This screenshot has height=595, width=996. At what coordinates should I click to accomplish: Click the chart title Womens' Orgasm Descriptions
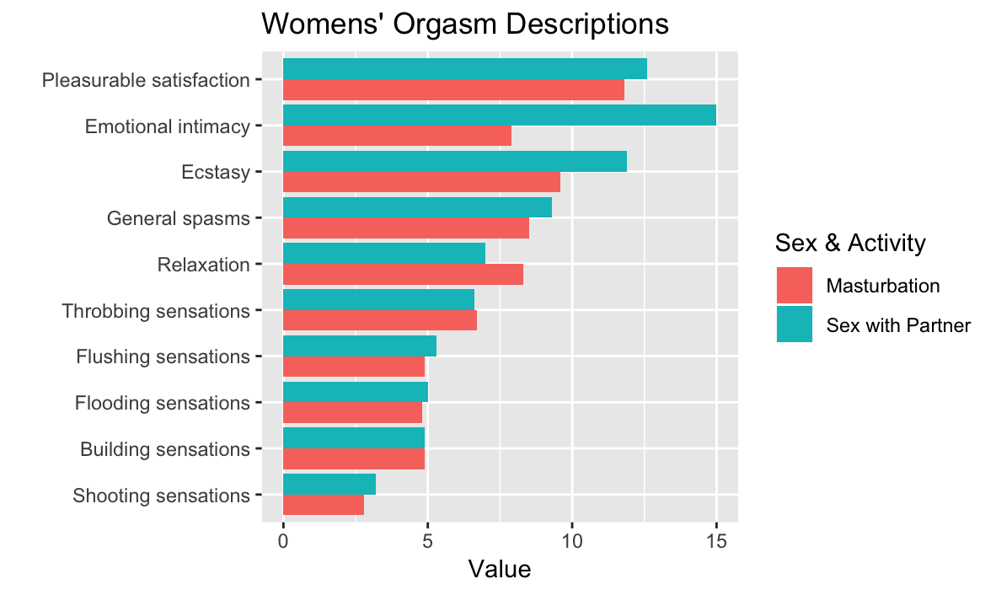tap(465, 24)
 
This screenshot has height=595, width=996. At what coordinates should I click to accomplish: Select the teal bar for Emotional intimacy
tap(499, 115)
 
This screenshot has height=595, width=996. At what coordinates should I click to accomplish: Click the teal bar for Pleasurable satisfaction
tap(464, 69)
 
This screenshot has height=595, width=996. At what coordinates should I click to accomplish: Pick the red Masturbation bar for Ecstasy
tap(421, 182)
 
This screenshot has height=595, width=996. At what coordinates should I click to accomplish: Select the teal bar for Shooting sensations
tap(329, 484)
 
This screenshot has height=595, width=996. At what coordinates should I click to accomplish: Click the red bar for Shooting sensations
tap(323, 504)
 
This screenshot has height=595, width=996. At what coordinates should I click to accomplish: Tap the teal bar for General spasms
tap(417, 207)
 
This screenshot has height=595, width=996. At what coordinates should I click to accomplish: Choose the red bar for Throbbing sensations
tap(379, 320)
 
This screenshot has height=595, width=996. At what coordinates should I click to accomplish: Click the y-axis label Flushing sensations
tap(163, 356)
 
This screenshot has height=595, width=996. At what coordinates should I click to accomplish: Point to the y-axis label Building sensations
tap(164, 449)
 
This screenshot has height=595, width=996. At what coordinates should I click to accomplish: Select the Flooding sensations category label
tap(162, 403)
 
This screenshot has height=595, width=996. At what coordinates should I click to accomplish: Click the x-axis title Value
tap(500, 570)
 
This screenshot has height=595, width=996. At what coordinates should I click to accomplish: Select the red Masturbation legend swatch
tap(794, 285)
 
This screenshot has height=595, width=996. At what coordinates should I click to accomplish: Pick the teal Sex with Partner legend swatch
tap(794, 324)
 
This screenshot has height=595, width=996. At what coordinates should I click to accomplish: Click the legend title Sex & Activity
tap(850, 244)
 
